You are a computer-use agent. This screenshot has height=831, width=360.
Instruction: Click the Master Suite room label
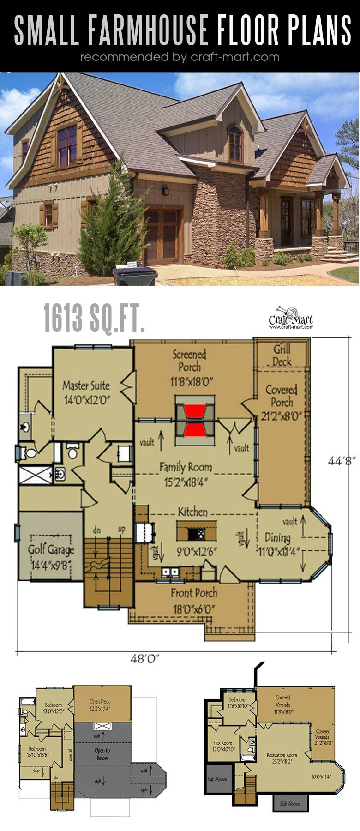[x=86, y=385]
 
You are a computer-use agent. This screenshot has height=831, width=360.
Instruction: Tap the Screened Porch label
[x=189, y=361]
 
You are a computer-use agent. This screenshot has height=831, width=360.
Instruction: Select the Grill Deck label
[x=282, y=355]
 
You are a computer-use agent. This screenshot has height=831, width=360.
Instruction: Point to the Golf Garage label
[x=51, y=549]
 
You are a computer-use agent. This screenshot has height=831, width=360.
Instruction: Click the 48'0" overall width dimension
[x=144, y=659]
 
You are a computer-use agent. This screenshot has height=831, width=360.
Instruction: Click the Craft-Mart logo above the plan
[x=291, y=318]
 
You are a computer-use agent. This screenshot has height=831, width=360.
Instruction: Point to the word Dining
[x=277, y=537]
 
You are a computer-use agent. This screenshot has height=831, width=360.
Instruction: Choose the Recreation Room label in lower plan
[x=282, y=755]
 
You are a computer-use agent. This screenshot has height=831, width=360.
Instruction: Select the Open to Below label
[x=102, y=754]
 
